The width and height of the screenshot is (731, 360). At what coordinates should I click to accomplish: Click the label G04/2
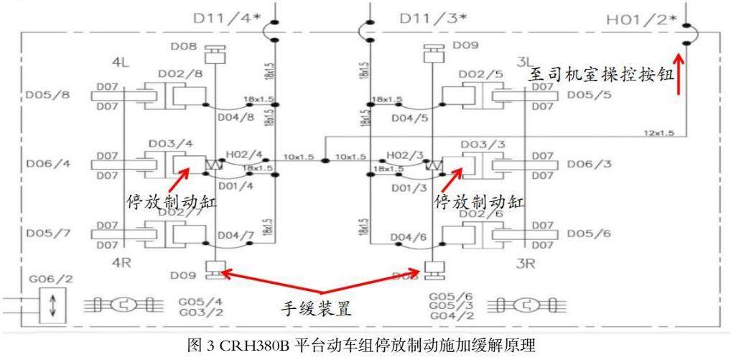pyautogui.click(x=445, y=315)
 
